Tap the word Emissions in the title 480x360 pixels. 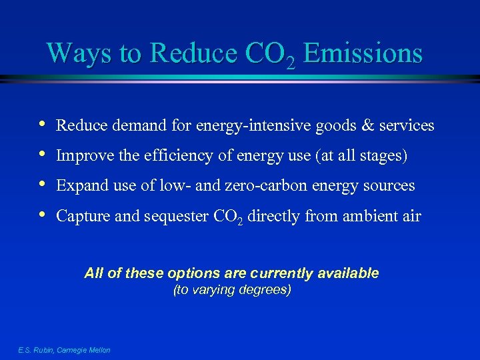tap(363, 53)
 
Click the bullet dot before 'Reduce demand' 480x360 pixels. tap(43, 124)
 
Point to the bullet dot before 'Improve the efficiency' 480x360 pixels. tap(43, 155)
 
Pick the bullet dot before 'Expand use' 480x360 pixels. tap(43, 185)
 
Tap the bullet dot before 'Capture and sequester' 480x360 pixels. tap(43, 215)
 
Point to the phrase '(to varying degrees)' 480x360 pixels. tap(232, 291)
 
